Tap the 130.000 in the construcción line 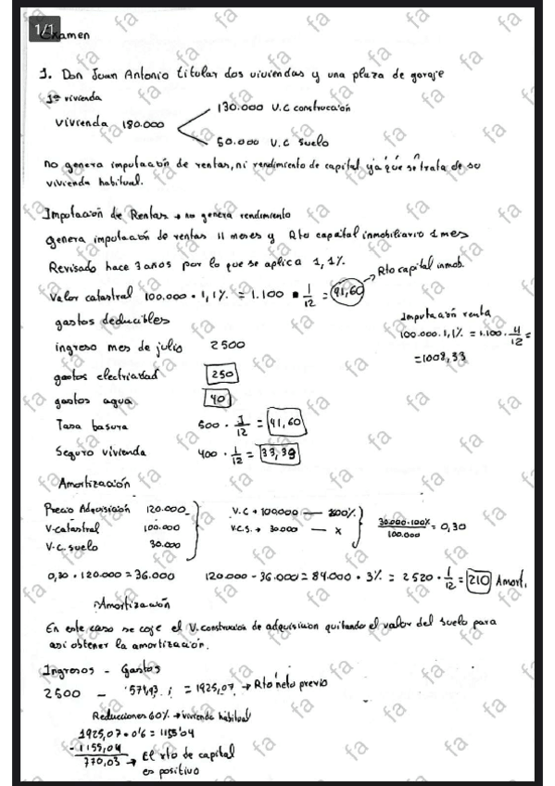pos(240,108)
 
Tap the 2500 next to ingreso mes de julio pos(228,346)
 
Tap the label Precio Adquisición pos(87,509)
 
